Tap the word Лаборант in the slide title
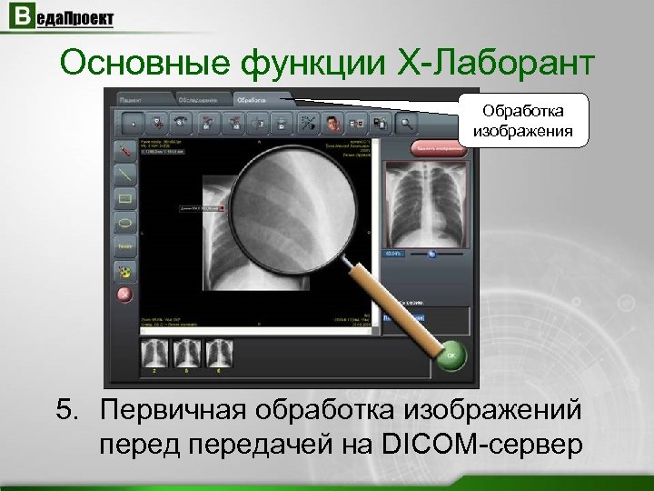518,63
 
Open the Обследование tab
198,97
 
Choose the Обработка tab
255,97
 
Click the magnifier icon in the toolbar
405,122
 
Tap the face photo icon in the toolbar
333,122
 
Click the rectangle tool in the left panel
124,196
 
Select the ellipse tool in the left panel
124,221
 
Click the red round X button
124,295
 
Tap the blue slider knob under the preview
431,255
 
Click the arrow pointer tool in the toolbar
134,122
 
